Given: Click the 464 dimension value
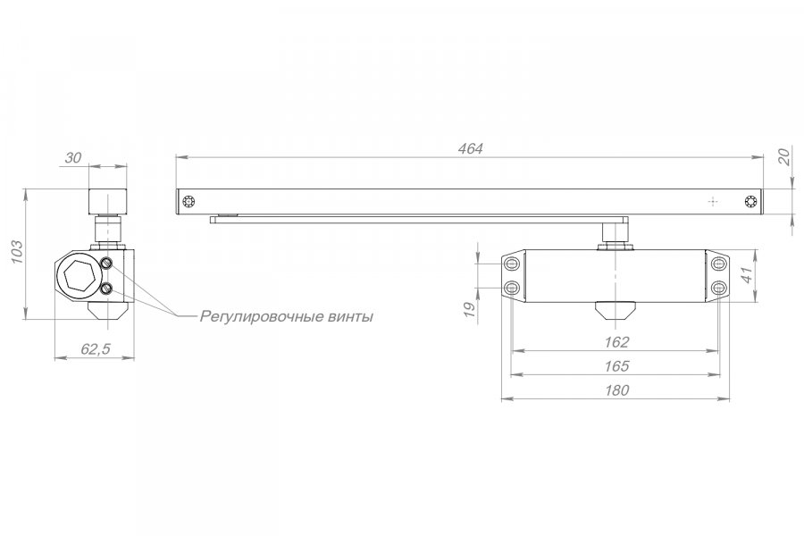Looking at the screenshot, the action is pos(470,149).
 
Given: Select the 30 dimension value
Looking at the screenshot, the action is pos(73,158).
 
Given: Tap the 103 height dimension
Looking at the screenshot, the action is pos(16,251).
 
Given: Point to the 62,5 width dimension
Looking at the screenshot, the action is pos(96,349).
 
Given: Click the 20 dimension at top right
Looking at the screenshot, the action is pos(784,157).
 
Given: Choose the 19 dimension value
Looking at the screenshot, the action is pos(469,309).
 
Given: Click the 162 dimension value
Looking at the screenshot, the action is pos(616,342).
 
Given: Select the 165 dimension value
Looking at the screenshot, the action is pos(616,366).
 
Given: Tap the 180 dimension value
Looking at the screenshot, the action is pos(616,390).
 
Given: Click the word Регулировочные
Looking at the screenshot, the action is pos(261,317).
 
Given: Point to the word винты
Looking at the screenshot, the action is pos(349,317).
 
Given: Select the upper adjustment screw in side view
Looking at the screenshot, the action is pos(107,264).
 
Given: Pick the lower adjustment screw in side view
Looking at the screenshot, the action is pos(107,289).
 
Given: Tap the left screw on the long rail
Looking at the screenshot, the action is pos(188,202).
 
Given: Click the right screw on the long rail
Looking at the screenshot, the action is pos(751,202).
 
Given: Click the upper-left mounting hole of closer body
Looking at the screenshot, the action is pos(512,264).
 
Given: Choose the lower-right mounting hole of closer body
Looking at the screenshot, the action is pos(719,288).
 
